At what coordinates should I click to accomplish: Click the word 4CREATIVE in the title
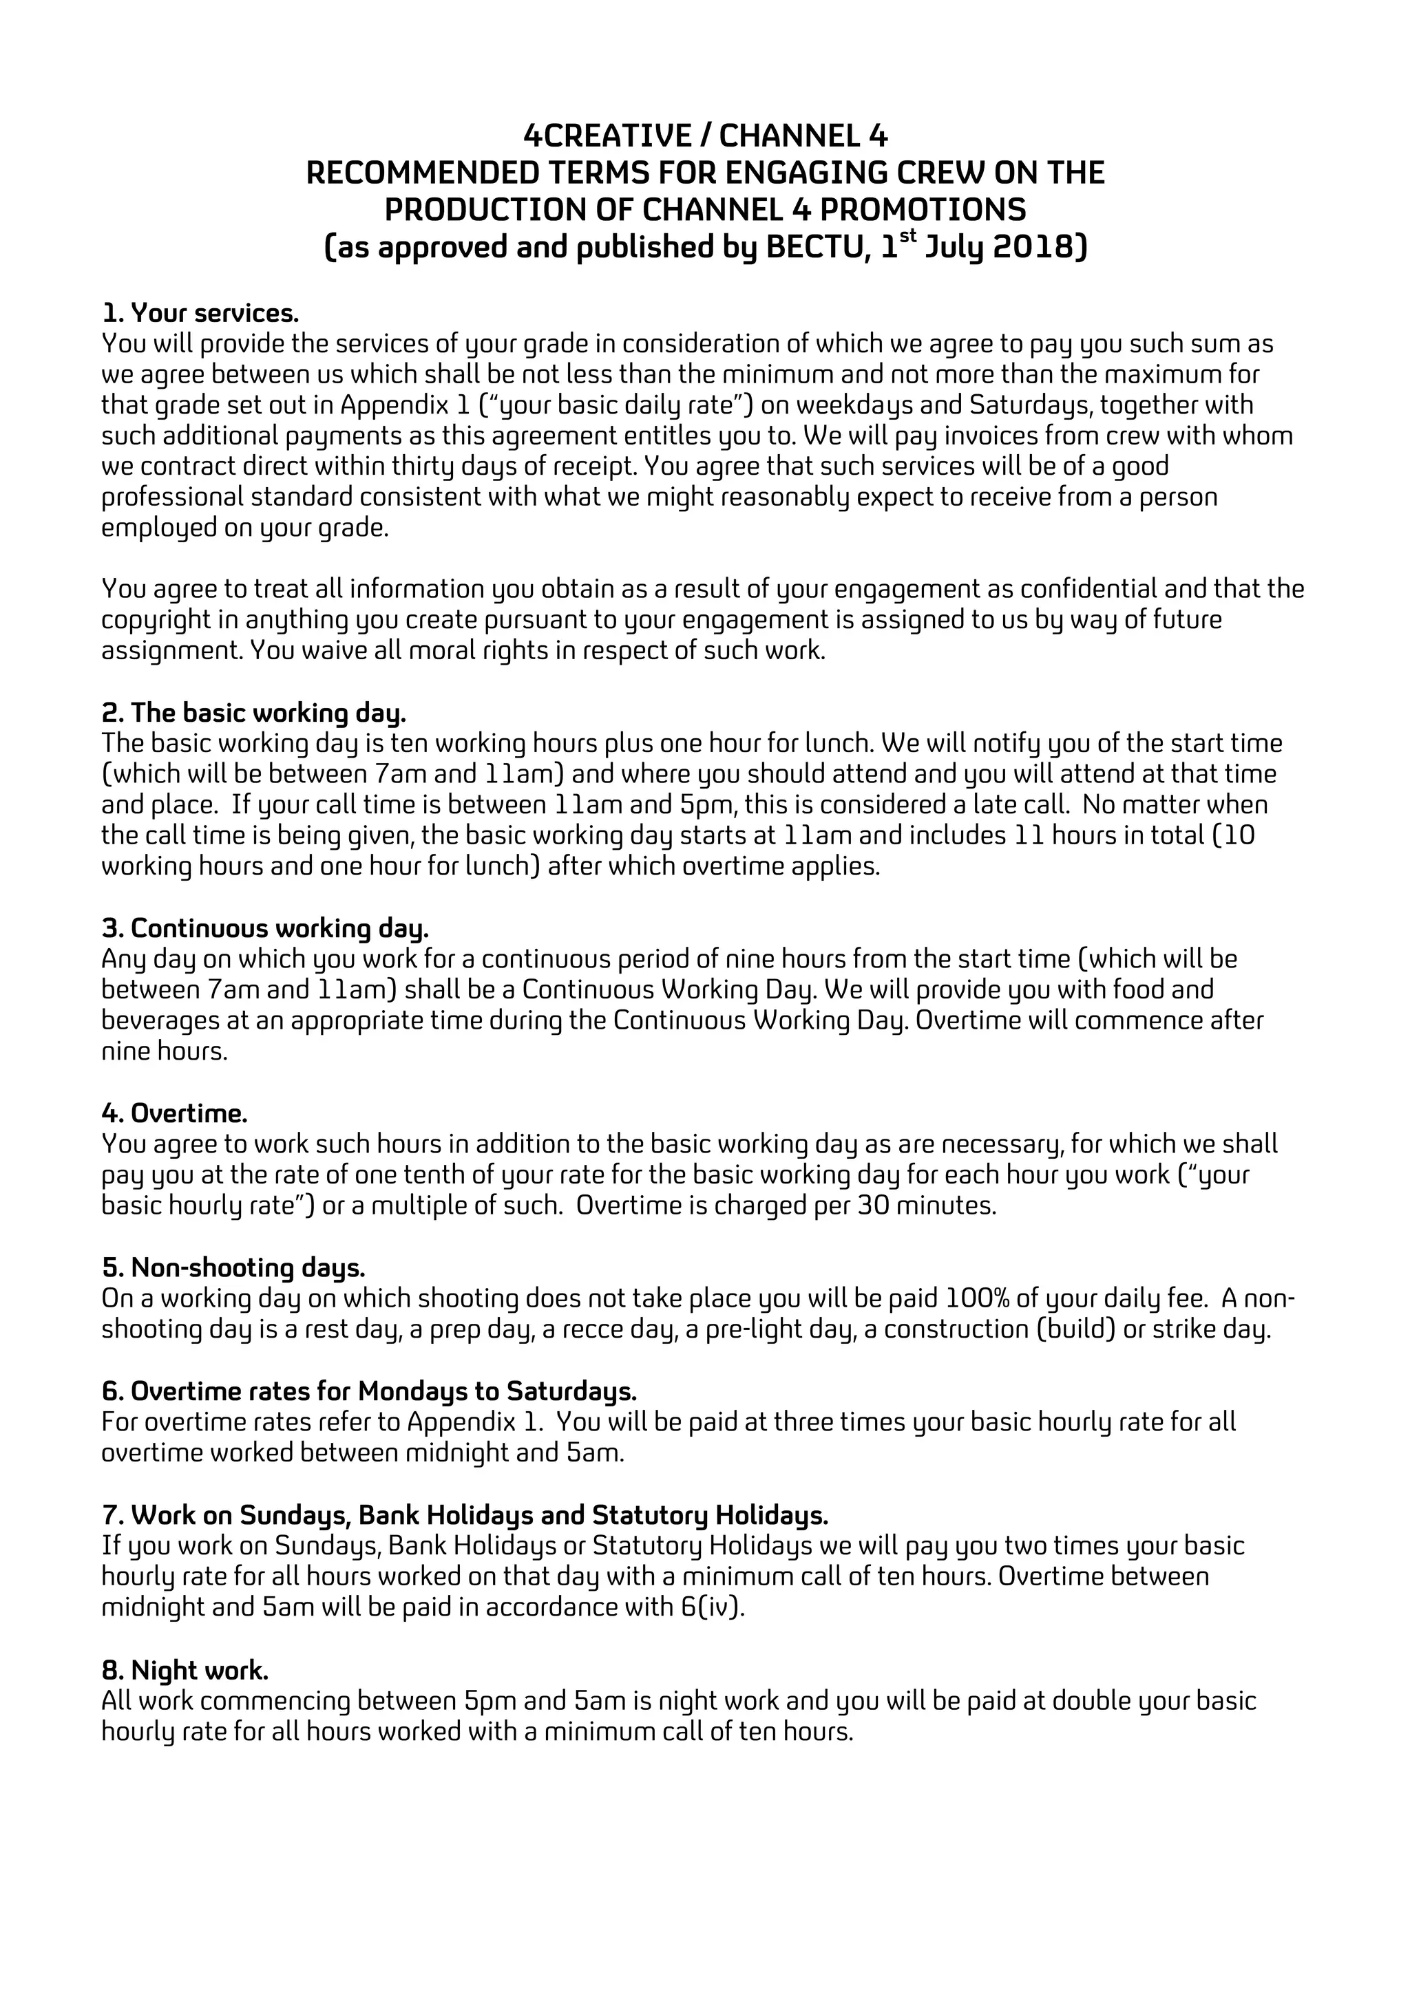coord(606,136)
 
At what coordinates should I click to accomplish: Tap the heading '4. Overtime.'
coord(175,1113)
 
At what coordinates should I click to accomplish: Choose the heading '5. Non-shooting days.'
coord(233,1268)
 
